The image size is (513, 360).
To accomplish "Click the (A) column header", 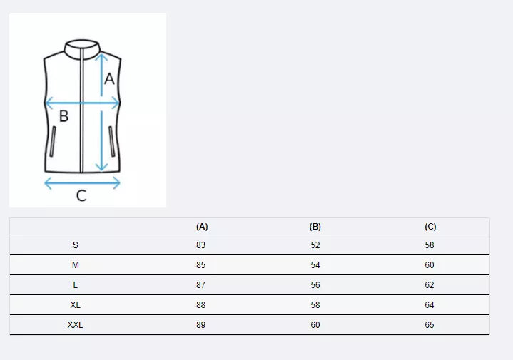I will click(x=202, y=227).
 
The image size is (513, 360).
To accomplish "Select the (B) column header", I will click(x=315, y=227).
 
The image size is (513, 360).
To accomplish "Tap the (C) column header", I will click(x=430, y=227).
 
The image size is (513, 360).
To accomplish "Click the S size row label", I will click(x=76, y=245).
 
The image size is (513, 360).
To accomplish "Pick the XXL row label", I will click(x=76, y=325).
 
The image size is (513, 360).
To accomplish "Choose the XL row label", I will click(x=76, y=305).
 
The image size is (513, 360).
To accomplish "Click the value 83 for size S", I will click(x=201, y=245).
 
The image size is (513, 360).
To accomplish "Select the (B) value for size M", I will click(x=315, y=265).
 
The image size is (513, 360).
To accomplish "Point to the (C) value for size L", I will click(x=430, y=285).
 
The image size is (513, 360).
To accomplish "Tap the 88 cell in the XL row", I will click(x=201, y=305).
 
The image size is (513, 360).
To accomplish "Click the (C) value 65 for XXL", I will click(x=430, y=325).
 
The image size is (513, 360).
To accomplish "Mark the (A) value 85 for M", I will click(x=201, y=265).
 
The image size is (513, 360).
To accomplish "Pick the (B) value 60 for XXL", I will click(x=315, y=325).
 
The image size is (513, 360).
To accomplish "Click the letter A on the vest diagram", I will click(x=109, y=79).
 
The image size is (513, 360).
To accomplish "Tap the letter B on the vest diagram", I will click(x=64, y=116).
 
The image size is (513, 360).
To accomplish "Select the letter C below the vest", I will click(x=81, y=196).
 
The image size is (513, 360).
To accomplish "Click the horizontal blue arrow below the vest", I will click(x=82, y=183).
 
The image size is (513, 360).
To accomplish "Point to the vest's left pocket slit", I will click(x=54, y=143).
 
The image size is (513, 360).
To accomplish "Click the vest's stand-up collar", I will click(x=82, y=47).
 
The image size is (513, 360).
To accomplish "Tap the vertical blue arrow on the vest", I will click(x=102, y=114).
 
